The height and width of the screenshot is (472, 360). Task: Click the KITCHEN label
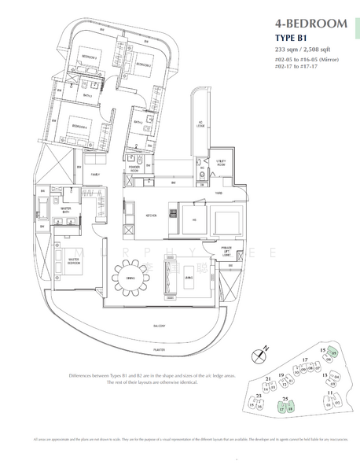pos(152,213)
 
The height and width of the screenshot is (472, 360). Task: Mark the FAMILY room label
pos(95,175)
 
